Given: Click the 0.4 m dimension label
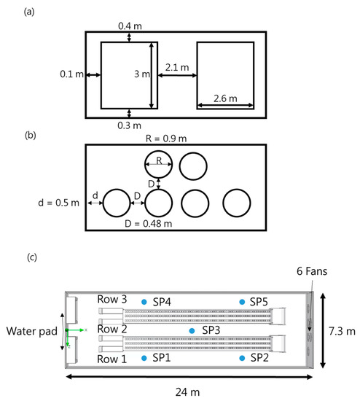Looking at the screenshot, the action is pyautogui.click(x=130, y=26).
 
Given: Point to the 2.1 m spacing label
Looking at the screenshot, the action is pyautogui.click(x=177, y=67).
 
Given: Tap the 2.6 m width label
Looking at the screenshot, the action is pyautogui.click(x=225, y=98).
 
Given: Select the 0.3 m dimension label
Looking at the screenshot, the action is pyautogui.click(x=130, y=125).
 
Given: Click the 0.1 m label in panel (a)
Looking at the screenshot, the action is pyautogui.click(x=72, y=74).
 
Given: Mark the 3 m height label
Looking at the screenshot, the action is pyautogui.click(x=142, y=74).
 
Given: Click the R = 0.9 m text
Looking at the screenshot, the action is pyautogui.click(x=166, y=139).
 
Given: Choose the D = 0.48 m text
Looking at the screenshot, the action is pyautogui.click(x=148, y=224).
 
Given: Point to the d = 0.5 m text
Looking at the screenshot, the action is pyautogui.click(x=58, y=203).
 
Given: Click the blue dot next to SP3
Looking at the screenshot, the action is pyautogui.click(x=192, y=331).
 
